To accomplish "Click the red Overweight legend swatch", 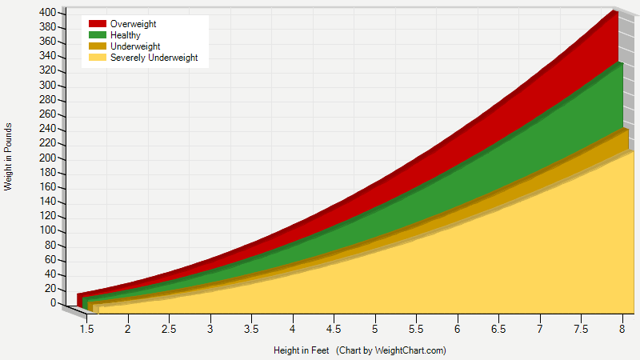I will click(x=98, y=25).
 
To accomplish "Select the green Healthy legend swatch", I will click(x=98, y=35).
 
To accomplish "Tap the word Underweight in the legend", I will click(x=135, y=46).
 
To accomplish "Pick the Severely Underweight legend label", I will click(x=154, y=58).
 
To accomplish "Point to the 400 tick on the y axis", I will click(x=47, y=13).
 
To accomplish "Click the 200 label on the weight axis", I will click(x=47, y=158).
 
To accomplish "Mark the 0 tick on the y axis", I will click(x=52, y=303).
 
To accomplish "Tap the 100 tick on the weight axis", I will click(x=47, y=230).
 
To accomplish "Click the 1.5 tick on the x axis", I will click(x=86, y=329).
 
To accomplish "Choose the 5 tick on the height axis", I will click(x=375, y=329).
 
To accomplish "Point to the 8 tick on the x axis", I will click(x=622, y=329).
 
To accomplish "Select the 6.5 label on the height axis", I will click(x=498, y=329).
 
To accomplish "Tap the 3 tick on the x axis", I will click(x=210, y=329).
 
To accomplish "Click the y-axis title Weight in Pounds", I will click(x=8, y=157).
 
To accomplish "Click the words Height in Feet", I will click(x=301, y=350).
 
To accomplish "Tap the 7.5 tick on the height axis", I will click(x=581, y=329).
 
